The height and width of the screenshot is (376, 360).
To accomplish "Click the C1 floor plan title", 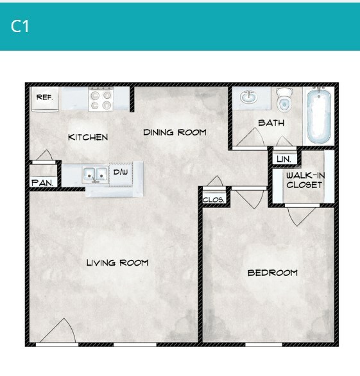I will pos(21,26).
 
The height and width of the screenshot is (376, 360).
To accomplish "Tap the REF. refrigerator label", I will pos(44,98).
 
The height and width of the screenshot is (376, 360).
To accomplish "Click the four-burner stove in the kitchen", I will pos(101,99).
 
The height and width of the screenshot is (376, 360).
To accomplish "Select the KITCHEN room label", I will pos(88,137).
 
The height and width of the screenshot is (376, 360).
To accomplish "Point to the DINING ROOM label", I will pos(175,132).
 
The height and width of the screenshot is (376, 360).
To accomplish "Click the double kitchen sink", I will pos(94,175).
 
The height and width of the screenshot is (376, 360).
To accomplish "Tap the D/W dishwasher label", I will pos(121,173).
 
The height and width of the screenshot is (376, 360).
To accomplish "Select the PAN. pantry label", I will pos(42,182).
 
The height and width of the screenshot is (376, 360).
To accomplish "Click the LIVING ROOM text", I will pos(117,262).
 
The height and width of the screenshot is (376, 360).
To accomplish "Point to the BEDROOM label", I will pos(273,273).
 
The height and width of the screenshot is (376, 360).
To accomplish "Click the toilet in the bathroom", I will pos(284,100).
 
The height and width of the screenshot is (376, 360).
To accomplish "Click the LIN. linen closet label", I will pos(283,158).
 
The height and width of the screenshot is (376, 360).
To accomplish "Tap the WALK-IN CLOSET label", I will pos(304,180).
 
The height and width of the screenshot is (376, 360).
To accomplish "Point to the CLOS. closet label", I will pos(214,200).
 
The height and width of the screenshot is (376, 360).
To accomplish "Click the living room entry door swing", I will pos(64,332).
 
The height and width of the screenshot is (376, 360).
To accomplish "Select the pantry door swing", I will pos(44,155).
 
